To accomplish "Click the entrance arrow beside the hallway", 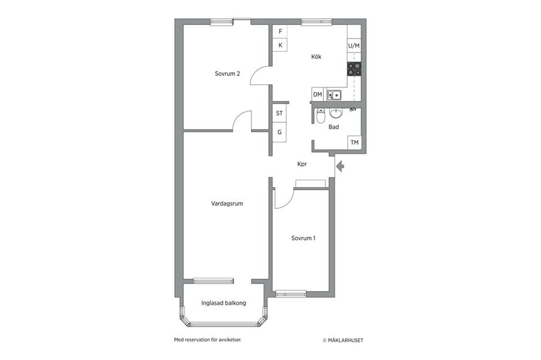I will [340, 166].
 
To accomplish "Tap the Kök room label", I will [316, 57].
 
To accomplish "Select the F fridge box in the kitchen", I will [280, 32].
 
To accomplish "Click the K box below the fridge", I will [280, 46].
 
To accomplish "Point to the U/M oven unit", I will [354, 46].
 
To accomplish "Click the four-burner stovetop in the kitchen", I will [354, 69].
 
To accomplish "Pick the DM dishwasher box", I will [318, 95].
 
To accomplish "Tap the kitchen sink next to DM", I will [334, 95].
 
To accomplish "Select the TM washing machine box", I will [354, 143].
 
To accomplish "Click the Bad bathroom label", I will [334, 127].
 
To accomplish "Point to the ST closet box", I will [280, 113].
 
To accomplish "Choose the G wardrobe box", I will [280, 132].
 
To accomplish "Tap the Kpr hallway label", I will [302, 165].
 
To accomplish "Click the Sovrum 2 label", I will [228, 74].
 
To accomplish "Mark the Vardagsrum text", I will [227, 204].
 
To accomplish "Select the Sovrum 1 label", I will [303, 238].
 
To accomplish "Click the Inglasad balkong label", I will [224, 303].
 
